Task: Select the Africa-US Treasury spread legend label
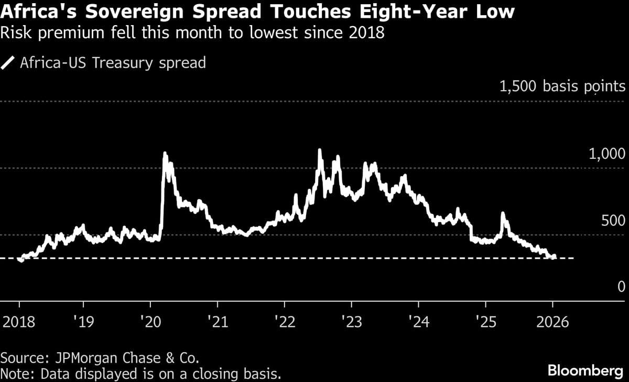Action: point(112,63)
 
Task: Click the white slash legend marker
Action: point(8,63)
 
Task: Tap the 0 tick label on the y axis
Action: point(621,287)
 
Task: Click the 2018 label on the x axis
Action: point(20,321)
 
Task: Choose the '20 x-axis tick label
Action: point(150,321)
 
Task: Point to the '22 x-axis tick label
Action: point(284,321)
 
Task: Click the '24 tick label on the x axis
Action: point(418,321)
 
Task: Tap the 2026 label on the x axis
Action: point(552,321)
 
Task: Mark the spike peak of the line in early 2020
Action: point(165,153)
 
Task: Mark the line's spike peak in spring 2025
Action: point(503,213)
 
